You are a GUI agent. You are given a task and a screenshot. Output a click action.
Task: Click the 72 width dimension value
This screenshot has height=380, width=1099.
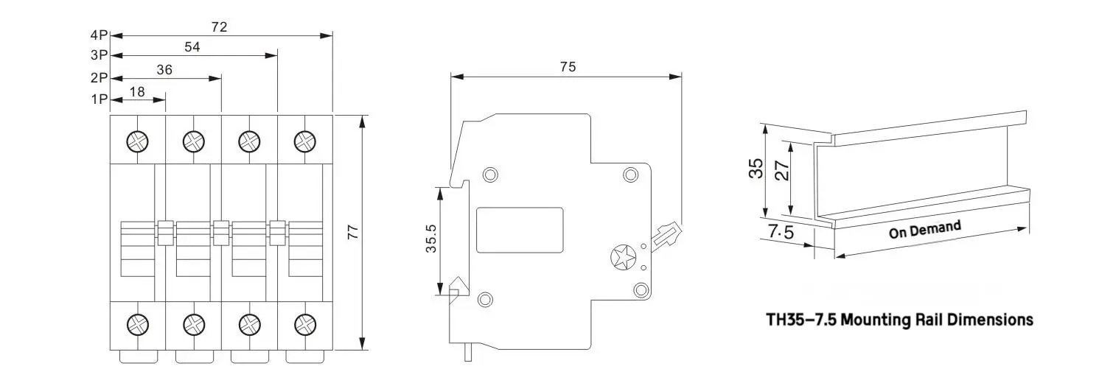(x=220, y=27)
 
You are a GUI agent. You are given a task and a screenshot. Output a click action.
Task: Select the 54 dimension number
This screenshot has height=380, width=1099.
(x=192, y=47)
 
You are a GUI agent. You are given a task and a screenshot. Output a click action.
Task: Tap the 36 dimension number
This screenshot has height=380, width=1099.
(x=164, y=70)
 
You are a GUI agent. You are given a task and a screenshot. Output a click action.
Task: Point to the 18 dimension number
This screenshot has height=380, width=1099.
(x=137, y=92)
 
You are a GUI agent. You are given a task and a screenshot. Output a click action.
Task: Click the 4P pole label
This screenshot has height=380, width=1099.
(x=99, y=35)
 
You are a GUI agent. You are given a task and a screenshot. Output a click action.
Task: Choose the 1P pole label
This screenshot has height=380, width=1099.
(x=99, y=99)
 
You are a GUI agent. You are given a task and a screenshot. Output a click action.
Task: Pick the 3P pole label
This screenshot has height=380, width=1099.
(x=99, y=55)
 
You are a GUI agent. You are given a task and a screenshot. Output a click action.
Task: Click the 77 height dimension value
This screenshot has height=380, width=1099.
(x=353, y=233)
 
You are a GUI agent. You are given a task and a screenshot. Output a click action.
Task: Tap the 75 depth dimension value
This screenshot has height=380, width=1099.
(x=568, y=67)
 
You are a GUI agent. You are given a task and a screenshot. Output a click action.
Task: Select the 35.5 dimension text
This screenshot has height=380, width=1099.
(x=430, y=239)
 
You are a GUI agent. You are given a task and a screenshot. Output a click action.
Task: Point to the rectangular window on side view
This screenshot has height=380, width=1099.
(x=520, y=230)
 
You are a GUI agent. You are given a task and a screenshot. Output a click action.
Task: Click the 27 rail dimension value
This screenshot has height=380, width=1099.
(x=783, y=171)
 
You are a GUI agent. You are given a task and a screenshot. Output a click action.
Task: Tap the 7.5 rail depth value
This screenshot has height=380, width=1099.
(x=781, y=231)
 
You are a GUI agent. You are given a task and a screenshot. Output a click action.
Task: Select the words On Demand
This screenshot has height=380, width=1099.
(x=925, y=230)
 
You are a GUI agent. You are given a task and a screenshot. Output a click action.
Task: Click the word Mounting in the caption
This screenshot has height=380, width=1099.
(x=876, y=320)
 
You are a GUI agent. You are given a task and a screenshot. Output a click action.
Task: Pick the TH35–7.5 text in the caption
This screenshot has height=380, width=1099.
(x=802, y=320)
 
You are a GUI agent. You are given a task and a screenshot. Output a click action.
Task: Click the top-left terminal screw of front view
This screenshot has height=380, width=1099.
(x=137, y=141)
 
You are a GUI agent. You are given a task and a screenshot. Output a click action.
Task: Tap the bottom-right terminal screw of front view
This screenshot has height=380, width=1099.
(x=305, y=324)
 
